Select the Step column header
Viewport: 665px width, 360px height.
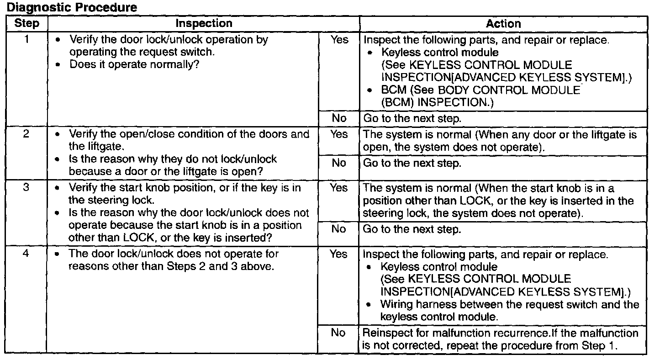pos(27,24)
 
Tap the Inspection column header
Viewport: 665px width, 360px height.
pos(204,24)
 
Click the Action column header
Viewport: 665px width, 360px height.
pos(503,24)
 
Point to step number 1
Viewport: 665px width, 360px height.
pos(27,40)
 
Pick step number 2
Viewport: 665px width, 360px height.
pos(27,135)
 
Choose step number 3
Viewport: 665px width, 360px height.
pos(27,188)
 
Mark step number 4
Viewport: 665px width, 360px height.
pos(27,254)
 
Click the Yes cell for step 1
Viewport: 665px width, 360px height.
pos(339,40)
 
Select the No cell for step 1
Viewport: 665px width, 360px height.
pos(339,118)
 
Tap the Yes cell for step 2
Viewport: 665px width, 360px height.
pos(339,135)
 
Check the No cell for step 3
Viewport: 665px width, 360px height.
pos(339,229)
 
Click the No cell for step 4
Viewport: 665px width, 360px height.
pos(339,333)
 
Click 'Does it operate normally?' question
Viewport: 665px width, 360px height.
pos(135,64)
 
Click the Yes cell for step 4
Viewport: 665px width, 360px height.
pos(339,254)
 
